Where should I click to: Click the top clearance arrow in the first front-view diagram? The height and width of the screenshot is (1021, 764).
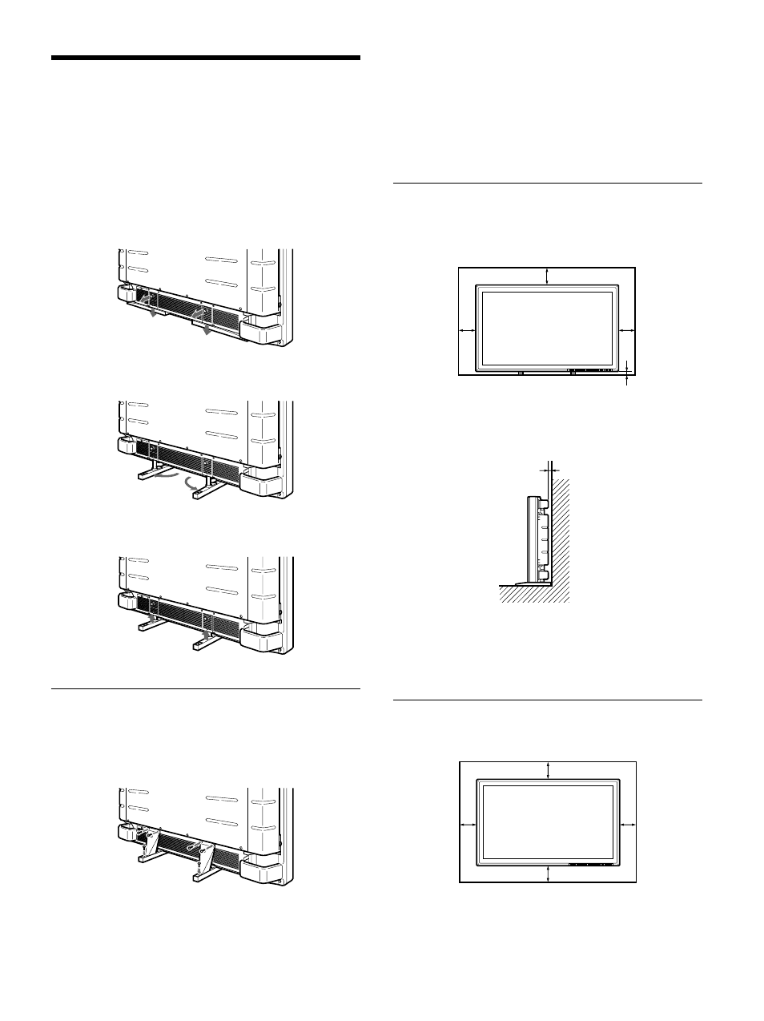pyautogui.click(x=547, y=276)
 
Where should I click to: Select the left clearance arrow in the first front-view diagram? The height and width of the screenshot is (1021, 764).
pyautogui.click(x=466, y=329)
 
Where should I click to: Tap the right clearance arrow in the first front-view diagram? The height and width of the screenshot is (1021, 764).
pyautogui.click(x=627, y=329)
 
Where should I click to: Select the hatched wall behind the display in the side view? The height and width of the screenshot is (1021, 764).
pyautogui.click(x=561, y=537)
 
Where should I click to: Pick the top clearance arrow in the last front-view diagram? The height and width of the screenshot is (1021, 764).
pyautogui.click(x=548, y=770)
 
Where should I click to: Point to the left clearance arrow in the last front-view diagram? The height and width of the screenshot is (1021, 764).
pyautogui.click(x=468, y=823)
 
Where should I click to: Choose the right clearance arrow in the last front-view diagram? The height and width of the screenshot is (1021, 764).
pyautogui.click(x=629, y=823)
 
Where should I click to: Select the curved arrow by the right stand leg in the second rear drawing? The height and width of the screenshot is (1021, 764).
pyautogui.click(x=191, y=484)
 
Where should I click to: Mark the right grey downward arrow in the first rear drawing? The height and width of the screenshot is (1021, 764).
pyautogui.click(x=207, y=329)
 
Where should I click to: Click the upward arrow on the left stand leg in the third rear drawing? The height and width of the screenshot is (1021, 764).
pyautogui.click(x=153, y=619)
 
